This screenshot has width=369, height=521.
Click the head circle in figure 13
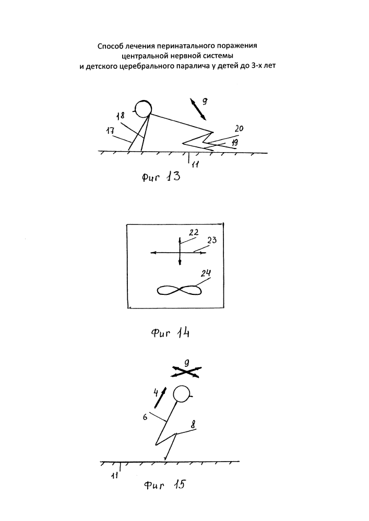tap(142, 108)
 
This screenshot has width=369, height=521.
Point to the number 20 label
tap(239, 128)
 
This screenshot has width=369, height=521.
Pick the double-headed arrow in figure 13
tap(197, 108)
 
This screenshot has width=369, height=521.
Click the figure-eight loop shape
tap(180, 291)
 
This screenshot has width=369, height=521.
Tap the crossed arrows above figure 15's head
tap(186, 371)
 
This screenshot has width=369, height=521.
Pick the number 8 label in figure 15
tap(193, 425)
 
